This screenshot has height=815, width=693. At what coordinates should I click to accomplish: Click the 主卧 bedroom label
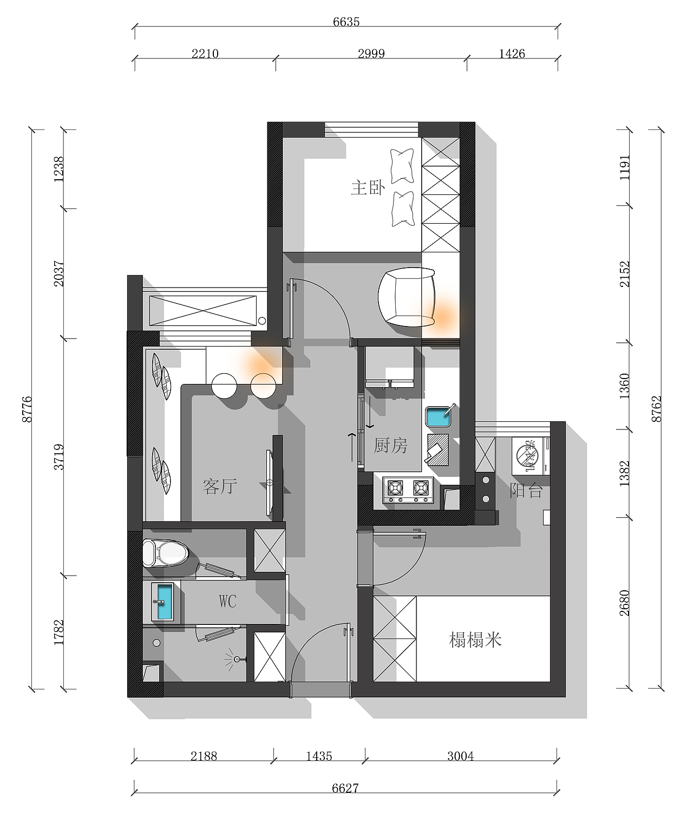[368, 188]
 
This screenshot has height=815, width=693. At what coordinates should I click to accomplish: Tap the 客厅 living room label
[220, 486]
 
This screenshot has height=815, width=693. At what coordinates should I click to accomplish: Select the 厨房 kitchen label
[390, 446]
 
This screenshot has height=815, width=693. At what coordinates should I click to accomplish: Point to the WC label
[227, 601]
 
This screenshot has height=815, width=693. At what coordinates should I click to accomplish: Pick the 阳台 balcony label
[526, 490]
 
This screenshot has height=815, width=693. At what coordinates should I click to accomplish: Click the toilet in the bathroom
[165, 553]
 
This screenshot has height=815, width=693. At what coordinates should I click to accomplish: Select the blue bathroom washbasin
[165, 602]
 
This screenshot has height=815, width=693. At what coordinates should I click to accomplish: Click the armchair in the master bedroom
[407, 297]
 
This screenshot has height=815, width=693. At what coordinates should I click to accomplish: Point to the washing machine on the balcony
[531, 456]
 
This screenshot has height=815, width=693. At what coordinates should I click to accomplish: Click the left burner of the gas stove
[395, 488]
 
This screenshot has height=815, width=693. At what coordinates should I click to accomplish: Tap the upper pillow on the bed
[402, 166]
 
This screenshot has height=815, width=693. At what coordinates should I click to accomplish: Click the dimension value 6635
[346, 22]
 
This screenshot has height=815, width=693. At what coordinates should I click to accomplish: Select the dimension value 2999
[371, 54]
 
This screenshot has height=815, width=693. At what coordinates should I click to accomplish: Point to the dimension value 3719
[58, 457]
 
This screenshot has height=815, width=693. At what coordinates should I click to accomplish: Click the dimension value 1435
[319, 757]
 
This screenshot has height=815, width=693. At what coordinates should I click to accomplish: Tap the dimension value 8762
[656, 409]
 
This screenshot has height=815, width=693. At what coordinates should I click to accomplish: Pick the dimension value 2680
[624, 603]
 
